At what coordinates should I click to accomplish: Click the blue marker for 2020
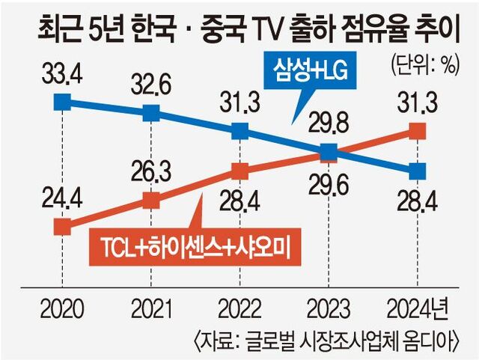(x=64, y=101)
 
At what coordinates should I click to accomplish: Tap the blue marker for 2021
(x=151, y=113)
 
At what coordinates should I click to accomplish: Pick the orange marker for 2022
(x=239, y=171)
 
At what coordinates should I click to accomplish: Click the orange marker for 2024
(x=418, y=132)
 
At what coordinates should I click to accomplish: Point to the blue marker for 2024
(x=418, y=171)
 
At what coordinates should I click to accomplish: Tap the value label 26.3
(x=151, y=174)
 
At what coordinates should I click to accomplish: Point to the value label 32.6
(x=151, y=84)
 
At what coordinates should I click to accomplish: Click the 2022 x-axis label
(x=239, y=308)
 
